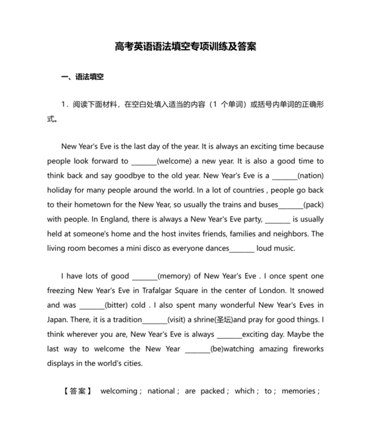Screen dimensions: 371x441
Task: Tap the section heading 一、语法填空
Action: [82, 78]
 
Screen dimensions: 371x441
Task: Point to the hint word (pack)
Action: [313, 205]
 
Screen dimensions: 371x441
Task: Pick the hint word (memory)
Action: [179, 276]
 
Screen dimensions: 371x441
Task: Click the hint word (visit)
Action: [176, 320]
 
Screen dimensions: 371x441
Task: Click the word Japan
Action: [59, 320]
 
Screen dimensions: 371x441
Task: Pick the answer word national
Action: [160, 391]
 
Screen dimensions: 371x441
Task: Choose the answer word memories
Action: [299, 391]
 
